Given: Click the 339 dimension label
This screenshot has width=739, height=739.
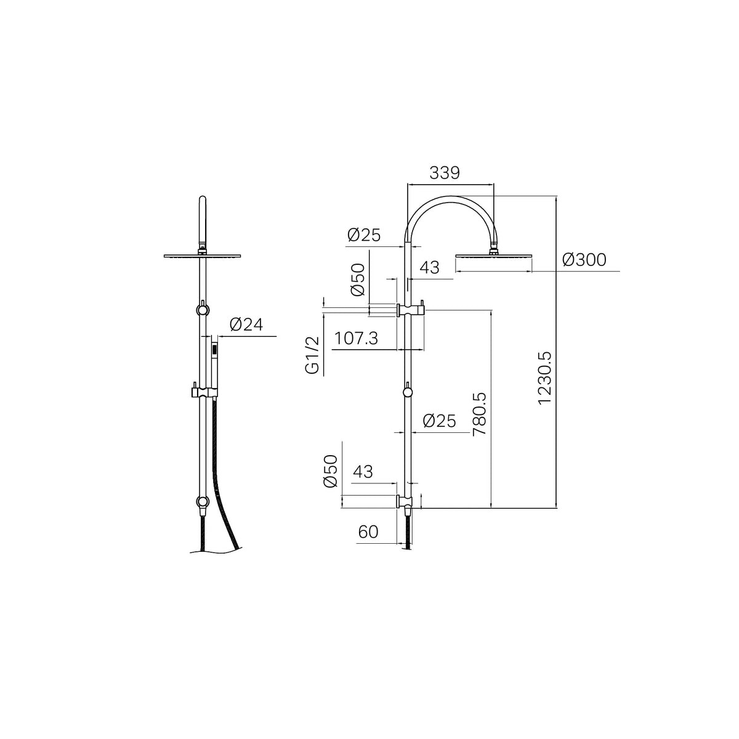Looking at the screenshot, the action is (x=445, y=173).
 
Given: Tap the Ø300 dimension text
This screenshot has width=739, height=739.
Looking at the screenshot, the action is (x=584, y=260).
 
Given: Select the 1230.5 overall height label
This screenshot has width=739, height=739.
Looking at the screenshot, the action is (x=544, y=378).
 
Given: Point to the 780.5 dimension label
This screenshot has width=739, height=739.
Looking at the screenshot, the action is (x=479, y=414).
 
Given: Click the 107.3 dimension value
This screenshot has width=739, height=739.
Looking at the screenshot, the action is (x=357, y=338).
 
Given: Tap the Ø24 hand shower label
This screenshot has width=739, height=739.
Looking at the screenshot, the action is (x=246, y=325).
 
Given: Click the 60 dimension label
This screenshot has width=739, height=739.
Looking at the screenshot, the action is (x=368, y=532).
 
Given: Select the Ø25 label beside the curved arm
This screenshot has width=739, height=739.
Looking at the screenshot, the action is (x=364, y=235).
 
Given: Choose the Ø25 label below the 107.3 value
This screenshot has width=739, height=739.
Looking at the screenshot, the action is (x=440, y=421).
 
